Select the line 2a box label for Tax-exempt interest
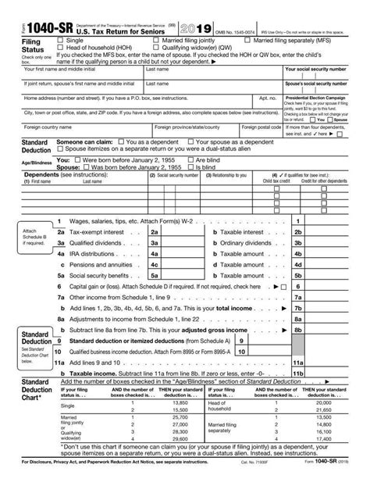[155, 233]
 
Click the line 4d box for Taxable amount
[297, 255]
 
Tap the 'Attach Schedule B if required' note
[23, 235]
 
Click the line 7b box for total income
[297, 309]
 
